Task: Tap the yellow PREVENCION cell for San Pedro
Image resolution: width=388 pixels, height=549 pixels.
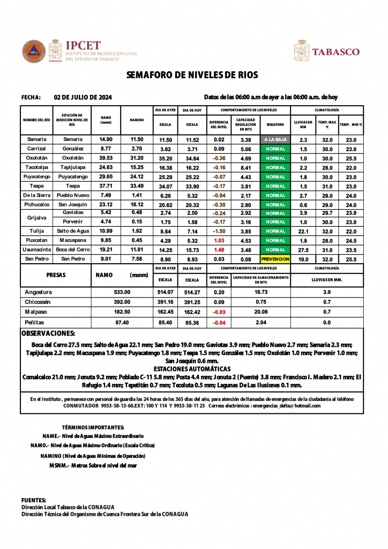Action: click(275, 259)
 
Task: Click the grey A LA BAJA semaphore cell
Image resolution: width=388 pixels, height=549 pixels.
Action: click(275, 139)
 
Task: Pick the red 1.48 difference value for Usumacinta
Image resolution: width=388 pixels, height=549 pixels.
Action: click(219, 250)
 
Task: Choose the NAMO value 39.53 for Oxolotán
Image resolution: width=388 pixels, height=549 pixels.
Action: click(106, 158)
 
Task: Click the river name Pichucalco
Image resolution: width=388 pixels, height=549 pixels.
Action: click(36, 205)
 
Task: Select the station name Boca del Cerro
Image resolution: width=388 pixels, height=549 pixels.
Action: click(73, 250)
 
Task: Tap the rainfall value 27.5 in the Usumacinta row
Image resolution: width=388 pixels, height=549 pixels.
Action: click(303, 250)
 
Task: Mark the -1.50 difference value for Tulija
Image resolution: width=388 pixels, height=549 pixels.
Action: click(219, 231)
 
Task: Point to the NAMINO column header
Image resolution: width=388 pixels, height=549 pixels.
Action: click(137, 120)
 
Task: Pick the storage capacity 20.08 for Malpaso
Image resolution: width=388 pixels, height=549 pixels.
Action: click(261, 311)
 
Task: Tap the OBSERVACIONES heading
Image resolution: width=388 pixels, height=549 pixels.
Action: click(48, 333)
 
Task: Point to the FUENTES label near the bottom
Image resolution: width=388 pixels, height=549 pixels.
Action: click(34, 500)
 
